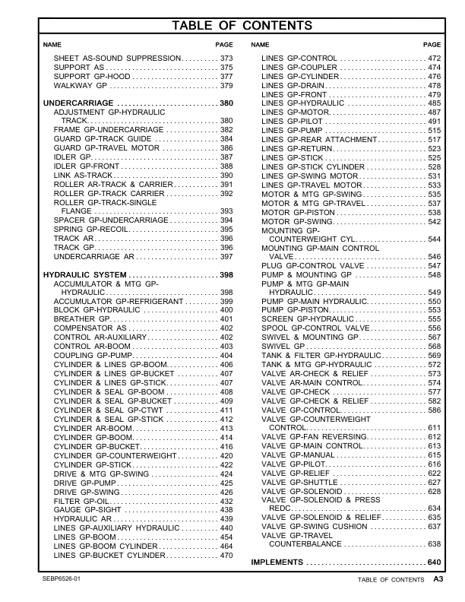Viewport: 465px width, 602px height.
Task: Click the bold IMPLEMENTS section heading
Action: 278,562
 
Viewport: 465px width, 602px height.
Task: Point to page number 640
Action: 434,562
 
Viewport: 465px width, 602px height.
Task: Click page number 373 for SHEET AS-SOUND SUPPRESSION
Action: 226,59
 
